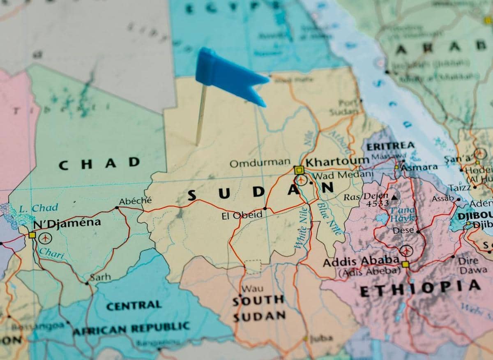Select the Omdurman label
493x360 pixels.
point(260,163)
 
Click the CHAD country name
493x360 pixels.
point(99,164)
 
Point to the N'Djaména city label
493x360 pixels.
point(67,223)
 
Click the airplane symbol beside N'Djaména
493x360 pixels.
point(45,238)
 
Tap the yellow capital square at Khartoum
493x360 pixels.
point(299,170)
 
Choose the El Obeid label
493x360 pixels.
point(242,215)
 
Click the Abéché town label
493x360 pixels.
point(135,201)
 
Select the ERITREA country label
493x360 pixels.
point(390,146)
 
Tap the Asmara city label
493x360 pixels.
point(419,167)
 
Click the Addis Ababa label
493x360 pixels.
point(361,261)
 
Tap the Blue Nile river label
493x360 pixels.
point(330,218)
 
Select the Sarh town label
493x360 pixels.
point(100,277)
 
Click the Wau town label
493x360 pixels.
point(253,288)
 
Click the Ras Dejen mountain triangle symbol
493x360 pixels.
point(394,197)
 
